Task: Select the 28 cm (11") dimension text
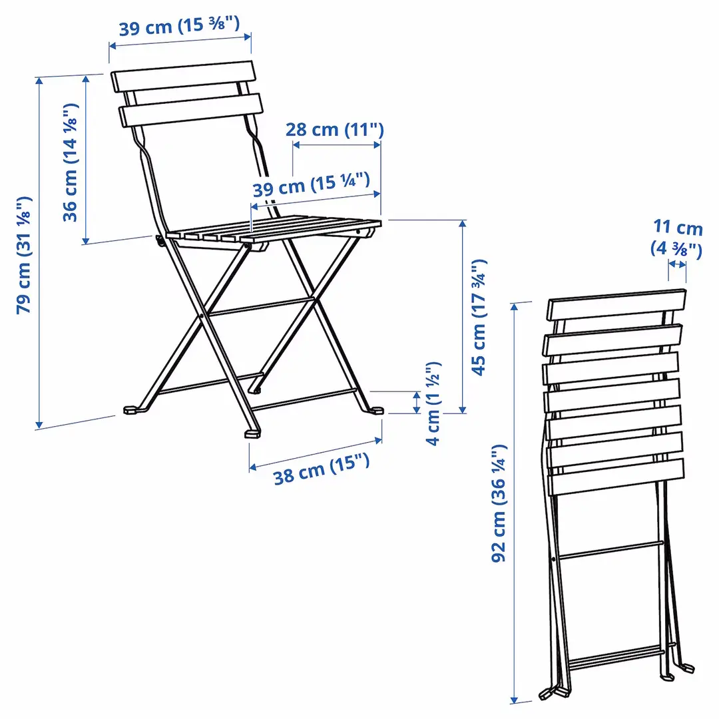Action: coord(335,129)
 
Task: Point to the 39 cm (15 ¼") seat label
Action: coord(311,185)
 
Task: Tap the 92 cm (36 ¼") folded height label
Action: coord(500,503)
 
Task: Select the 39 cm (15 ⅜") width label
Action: coord(179,28)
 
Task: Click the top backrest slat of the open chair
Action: coord(183,77)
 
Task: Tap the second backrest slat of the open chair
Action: coord(190,111)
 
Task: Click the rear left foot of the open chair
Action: coord(132,410)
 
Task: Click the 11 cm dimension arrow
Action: coord(677,265)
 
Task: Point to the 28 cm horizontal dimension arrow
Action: coord(337,144)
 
